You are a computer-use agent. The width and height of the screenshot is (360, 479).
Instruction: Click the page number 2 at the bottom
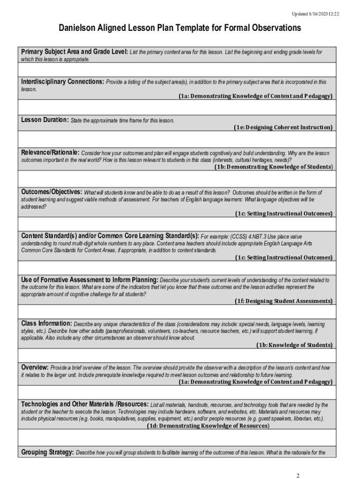[298, 476]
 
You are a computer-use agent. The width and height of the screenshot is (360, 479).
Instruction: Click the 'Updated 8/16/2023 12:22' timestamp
[316, 14]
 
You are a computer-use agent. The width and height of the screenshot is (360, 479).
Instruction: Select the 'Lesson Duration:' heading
[45, 120]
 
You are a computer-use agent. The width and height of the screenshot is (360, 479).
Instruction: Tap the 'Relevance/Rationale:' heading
[50, 153]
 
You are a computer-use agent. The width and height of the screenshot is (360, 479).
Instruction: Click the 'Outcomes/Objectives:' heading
[51, 192]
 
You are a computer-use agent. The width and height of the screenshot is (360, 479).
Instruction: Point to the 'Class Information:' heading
[46, 324]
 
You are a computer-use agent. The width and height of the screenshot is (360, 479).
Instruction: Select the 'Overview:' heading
[35, 367]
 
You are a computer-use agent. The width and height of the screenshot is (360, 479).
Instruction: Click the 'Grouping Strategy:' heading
[47, 452]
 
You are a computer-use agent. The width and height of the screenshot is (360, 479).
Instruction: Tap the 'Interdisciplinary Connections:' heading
[63, 82]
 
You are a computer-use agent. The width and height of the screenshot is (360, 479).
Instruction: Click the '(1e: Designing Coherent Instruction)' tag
[283, 127]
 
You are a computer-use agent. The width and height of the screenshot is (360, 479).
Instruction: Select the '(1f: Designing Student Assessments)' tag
[284, 301]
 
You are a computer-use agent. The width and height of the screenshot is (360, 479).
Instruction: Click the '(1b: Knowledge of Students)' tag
[294, 345]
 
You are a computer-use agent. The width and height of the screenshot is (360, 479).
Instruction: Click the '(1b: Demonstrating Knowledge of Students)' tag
[274, 167]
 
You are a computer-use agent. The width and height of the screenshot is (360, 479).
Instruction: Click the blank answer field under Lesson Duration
[177, 139]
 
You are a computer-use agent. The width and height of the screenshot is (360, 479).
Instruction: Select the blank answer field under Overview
[177, 392]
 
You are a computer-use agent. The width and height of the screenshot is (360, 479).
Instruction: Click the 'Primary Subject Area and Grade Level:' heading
[74, 52]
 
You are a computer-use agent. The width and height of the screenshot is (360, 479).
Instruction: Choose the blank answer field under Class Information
[177, 356]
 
